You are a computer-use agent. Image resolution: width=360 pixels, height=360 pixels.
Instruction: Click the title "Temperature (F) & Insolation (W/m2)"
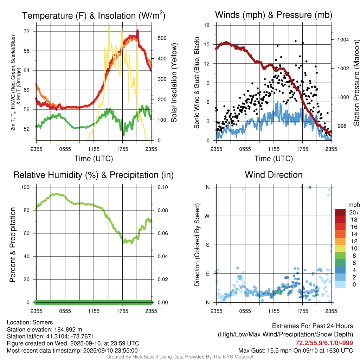click(94, 15)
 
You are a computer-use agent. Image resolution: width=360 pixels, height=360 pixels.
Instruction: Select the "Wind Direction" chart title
click(274, 175)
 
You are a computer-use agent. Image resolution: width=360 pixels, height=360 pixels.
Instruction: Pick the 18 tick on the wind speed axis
click(207, 25)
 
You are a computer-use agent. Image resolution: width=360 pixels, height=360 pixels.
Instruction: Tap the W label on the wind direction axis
click(207, 216)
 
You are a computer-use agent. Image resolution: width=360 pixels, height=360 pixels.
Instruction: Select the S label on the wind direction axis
click(207, 245)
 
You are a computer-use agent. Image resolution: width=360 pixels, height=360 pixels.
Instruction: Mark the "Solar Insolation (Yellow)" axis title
click(174, 83)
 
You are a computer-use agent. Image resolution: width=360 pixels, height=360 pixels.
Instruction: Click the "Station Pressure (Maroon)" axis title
click(356, 83)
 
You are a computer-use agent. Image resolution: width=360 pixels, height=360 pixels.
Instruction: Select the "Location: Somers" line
click(30, 322)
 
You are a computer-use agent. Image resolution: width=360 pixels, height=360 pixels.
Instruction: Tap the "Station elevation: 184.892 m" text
click(44, 329)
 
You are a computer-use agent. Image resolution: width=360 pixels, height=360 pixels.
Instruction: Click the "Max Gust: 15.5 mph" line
click(296, 350)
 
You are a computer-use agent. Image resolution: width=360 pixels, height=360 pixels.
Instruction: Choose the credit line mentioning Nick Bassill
click(180, 357)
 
